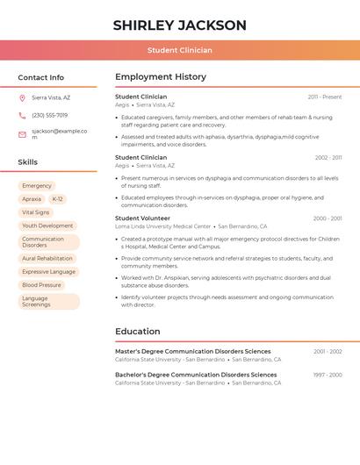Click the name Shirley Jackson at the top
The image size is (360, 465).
(179, 25)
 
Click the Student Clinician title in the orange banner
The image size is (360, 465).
(179, 50)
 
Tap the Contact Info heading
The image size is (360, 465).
(40, 77)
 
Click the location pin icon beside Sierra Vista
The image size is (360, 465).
(22, 98)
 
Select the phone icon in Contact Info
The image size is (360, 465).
(22, 116)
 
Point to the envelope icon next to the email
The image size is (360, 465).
(22, 134)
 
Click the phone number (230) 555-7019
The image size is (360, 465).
(49, 116)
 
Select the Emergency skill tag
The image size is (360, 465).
(37, 186)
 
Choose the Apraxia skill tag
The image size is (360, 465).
(32, 199)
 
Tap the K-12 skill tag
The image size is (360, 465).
(57, 199)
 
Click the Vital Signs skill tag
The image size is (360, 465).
(36, 212)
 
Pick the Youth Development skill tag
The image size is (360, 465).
(47, 225)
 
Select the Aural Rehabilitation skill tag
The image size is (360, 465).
(47, 259)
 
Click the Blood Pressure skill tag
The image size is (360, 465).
(41, 285)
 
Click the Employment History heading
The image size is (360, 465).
(161, 77)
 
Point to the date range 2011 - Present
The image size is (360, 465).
(325, 97)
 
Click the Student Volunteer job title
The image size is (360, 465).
(142, 218)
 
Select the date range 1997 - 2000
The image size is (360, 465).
(328, 375)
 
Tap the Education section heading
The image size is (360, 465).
(138, 332)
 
